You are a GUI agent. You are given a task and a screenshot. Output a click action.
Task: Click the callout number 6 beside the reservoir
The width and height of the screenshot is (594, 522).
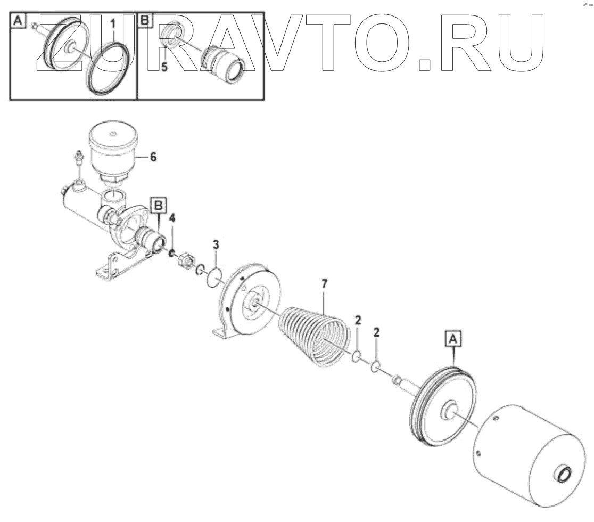tap(153, 157)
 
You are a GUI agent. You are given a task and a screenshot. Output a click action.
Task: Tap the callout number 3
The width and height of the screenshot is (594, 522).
tap(215, 244)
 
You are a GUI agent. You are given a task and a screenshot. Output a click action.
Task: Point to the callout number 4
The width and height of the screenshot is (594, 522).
tap(172, 218)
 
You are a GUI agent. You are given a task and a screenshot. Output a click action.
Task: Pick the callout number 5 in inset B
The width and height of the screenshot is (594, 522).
tap(165, 68)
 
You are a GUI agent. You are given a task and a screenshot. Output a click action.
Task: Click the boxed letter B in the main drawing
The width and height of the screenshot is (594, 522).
tap(159, 205)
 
